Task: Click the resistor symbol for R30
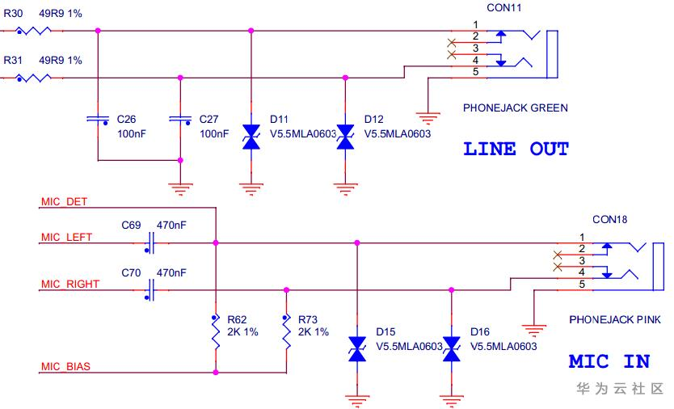[33, 31]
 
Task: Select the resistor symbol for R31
[33, 78]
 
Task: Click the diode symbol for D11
[251, 137]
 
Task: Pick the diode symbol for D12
[346, 137]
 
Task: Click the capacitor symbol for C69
[151, 242]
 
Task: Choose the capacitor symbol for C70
[151, 289]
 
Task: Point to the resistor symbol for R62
[216, 331]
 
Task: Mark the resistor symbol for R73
[286, 331]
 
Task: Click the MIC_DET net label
[64, 201]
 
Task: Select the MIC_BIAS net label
[65, 367]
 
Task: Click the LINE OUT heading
[516, 150]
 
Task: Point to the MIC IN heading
[609, 361]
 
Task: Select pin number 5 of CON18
[580, 283]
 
